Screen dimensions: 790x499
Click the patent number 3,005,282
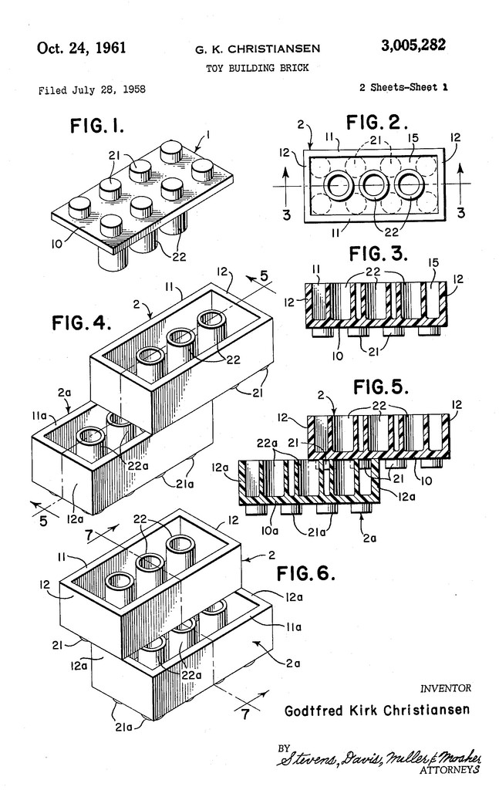413,46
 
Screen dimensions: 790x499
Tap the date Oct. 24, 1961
82,48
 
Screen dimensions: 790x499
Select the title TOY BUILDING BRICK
257,68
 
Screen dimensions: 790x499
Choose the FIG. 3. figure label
377,254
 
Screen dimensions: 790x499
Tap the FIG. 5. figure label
380,386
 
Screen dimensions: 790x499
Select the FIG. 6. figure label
307,572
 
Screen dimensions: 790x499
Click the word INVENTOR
445,688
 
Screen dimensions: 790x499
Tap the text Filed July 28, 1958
92,89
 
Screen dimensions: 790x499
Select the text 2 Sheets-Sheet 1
403,88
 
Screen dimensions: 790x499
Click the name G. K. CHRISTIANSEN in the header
257,50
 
